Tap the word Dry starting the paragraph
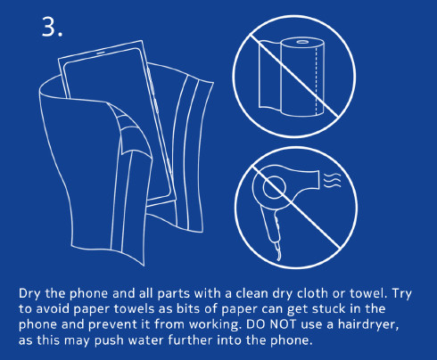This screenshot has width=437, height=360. tap(29, 294)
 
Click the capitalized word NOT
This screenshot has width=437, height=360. tap(284, 324)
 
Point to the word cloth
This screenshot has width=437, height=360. tap(312, 293)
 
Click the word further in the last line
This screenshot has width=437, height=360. tap(190, 340)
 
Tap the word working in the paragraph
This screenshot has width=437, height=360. tap(215, 324)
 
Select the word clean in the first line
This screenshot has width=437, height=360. tap(252, 293)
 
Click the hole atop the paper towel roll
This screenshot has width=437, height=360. tap(302, 42)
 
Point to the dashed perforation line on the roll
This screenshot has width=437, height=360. tap(316, 79)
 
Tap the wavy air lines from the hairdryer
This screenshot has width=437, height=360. tap(332, 181)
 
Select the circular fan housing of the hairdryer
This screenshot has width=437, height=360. tap(274, 188)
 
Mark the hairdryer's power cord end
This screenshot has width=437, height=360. tap(278, 256)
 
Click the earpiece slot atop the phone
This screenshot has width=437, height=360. tap(100, 53)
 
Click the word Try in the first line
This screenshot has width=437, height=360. tap(402, 294)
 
